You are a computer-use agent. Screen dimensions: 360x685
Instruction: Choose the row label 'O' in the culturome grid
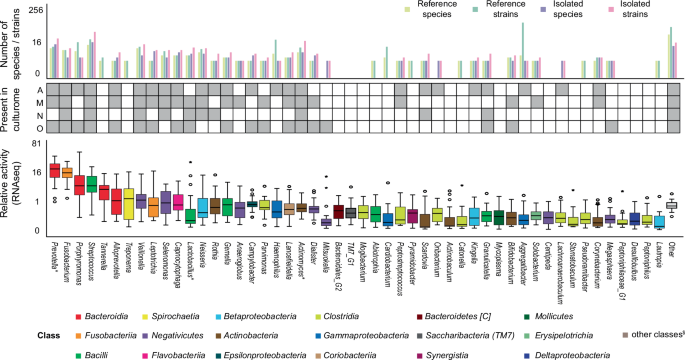pos(37,126)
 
